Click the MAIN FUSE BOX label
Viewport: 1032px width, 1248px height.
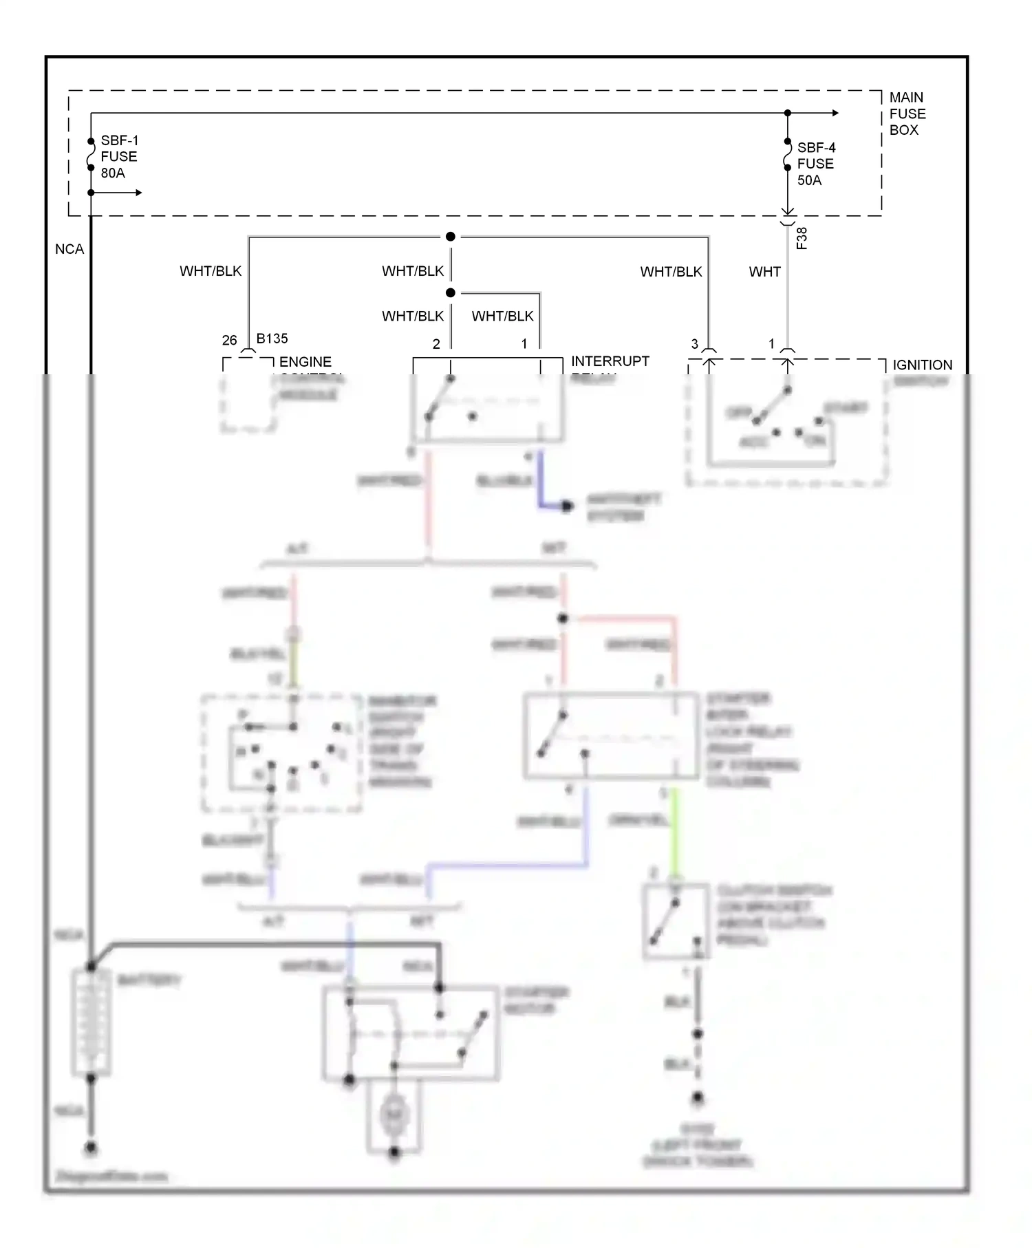907,114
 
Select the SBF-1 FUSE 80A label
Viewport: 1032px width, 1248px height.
119,157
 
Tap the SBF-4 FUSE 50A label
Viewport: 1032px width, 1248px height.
816,164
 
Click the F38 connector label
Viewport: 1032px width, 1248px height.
802,238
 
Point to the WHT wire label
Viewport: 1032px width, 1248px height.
764,272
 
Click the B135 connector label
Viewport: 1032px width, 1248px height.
272,338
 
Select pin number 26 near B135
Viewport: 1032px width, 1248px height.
229,341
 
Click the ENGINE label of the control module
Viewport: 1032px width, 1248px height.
305,362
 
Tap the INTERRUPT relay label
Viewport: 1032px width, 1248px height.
610,361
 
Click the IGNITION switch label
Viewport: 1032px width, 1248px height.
922,365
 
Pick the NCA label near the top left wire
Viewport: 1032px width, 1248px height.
69,249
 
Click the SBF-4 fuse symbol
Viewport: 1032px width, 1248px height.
788,155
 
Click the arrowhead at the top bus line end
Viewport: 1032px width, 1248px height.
835,113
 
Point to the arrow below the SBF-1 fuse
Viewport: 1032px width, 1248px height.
137,193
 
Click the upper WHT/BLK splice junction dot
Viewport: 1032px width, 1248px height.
451,237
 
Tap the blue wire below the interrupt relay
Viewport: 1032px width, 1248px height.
541,482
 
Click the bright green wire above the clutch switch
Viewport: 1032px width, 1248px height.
675,832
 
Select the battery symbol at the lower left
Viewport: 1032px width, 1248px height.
91,1022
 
